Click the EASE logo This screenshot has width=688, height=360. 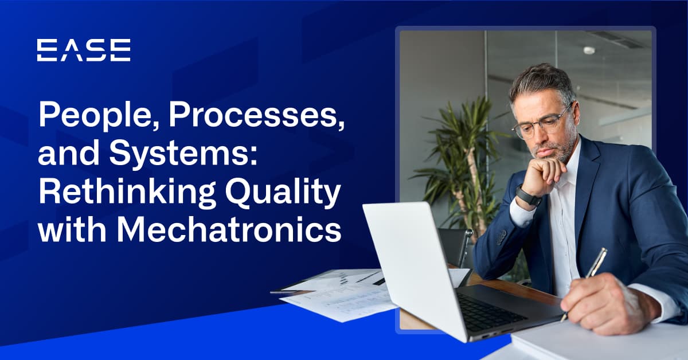[x=84, y=50]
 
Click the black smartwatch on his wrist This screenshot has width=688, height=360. [x=528, y=196]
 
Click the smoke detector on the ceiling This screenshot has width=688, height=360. [x=589, y=50]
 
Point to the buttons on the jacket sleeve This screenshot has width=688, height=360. [x=501, y=237]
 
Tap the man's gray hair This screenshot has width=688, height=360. [x=542, y=83]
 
